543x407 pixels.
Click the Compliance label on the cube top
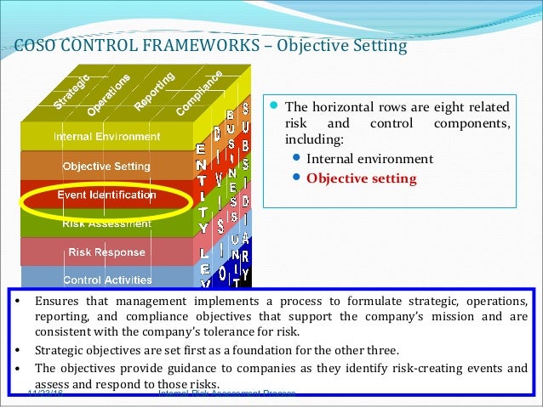199,93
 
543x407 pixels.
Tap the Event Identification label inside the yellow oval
106,195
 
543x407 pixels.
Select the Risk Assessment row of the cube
106,223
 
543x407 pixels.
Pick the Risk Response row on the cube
106,252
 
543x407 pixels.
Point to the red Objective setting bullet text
362,178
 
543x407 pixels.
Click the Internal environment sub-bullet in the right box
369,158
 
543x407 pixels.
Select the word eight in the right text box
440,107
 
